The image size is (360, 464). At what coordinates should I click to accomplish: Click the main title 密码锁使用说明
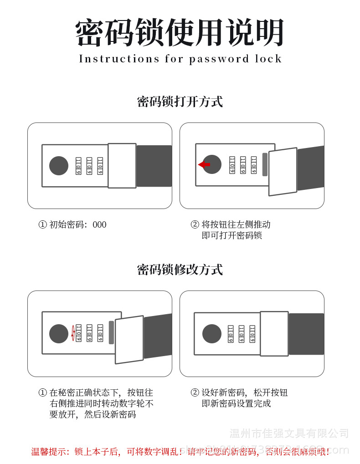point(180,33)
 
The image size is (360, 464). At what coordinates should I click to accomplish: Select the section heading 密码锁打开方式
point(180,102)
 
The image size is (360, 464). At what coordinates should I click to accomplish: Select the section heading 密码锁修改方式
point(180,270)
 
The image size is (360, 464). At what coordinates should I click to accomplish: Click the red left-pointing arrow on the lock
point(204,164)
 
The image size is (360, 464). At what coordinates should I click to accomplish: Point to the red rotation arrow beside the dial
point(72,333)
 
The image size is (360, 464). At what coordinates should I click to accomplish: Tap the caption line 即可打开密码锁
point(232,235)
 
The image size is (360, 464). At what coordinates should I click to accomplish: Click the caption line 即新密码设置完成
point(236,403)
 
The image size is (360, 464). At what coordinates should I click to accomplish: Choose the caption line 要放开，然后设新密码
point(93,414)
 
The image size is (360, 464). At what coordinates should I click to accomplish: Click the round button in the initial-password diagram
point(59,166)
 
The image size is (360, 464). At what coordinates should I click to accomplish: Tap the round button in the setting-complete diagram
point(211,334)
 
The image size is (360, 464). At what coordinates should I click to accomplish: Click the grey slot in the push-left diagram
point(265,164)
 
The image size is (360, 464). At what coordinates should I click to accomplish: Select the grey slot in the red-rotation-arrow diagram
point(111,332)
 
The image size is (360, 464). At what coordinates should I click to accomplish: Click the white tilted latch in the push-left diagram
point(283,172)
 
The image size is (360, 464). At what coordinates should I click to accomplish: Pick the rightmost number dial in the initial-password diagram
point(100,166)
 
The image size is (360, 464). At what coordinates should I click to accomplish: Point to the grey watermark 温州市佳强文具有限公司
point(289,433)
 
